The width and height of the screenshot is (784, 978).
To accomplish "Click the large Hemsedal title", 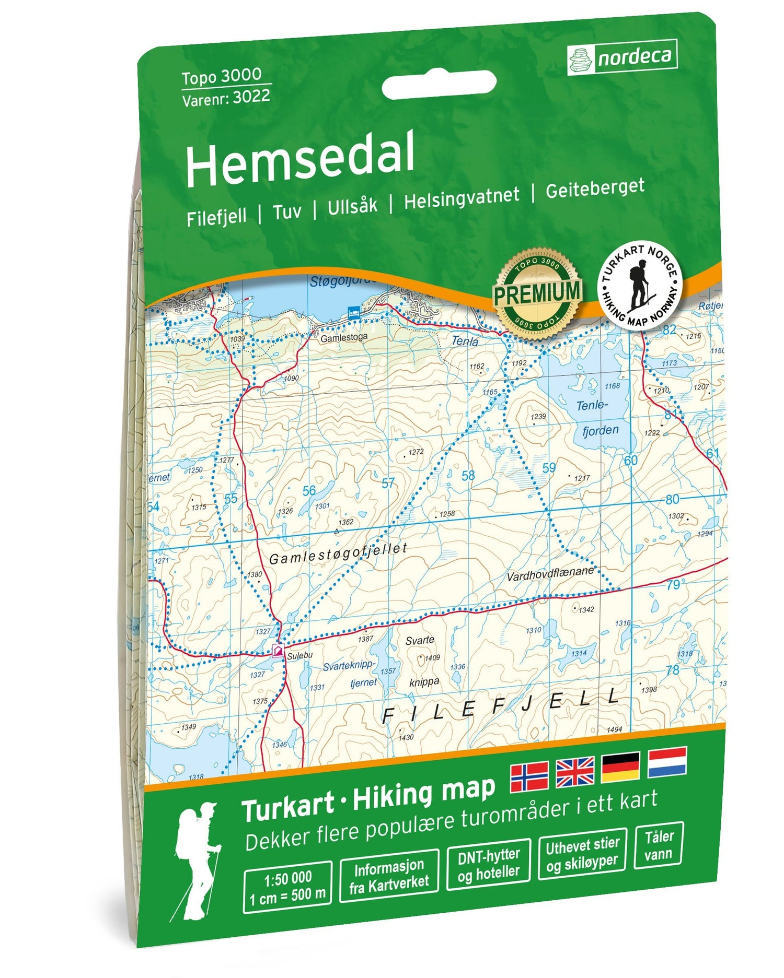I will [x=300, y=158].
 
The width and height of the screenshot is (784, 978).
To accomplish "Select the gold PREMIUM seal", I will [x=537, y=293].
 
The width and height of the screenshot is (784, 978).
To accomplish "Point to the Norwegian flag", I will [x=529, y=776].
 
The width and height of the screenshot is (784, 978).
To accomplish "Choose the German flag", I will [x=620, y=767].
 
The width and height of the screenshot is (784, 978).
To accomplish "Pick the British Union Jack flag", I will [x=575, y=772].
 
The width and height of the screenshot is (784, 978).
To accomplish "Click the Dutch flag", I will [x=667, y=762].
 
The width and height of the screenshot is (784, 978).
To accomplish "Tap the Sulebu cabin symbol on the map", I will [x=278, y=651].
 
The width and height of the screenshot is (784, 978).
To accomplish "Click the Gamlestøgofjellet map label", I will [x=338, y=553].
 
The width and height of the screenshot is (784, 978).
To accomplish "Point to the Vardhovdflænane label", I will [x=550, y=573].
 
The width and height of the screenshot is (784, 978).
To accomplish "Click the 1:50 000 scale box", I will [x=287, y=887].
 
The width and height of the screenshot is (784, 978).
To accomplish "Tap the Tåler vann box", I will [x=659, y=846].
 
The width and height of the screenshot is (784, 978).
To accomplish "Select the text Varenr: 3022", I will [x=226, y=98].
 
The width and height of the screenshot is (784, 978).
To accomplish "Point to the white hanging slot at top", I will [x=439, y=85].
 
